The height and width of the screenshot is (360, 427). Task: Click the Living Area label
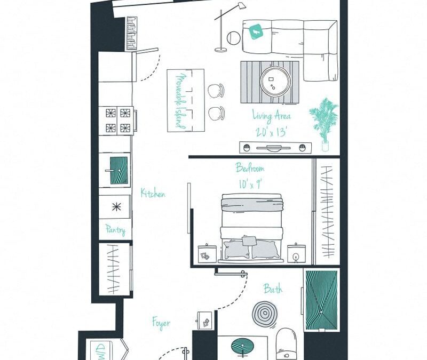(x=271, y=116)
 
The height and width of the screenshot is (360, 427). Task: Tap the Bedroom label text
(x=250, y=169)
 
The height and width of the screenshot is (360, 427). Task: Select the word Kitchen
(x=153, y=193)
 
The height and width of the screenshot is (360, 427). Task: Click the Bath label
(x=273, y=290)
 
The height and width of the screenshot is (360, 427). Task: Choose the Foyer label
(x=161, y=323)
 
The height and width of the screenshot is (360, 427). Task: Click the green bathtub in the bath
(x=321, y=300)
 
